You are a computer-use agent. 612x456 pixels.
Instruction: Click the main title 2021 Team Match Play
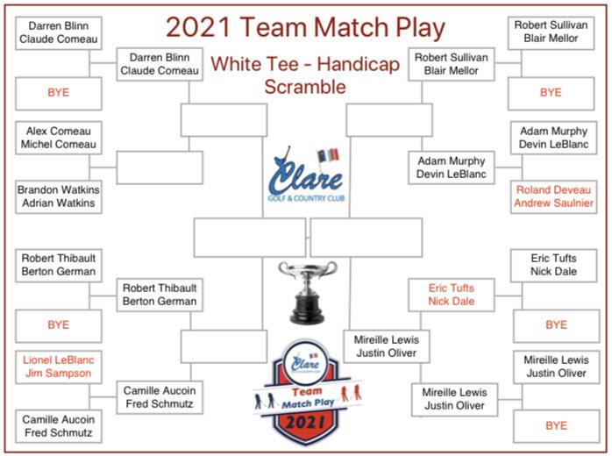(x=306, y=28)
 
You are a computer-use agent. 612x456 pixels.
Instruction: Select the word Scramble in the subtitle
(x=306, y=87)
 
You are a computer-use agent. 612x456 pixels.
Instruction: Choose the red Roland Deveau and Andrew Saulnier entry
(x=555, y=196)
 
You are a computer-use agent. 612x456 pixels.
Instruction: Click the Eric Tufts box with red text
(x=452, y=294)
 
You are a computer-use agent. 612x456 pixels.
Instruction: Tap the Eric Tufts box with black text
(x=553, y=265)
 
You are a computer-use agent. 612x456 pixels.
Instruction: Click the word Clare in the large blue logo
(x=306, y=182)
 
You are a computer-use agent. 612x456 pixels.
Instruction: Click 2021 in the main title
(x=196, y=28)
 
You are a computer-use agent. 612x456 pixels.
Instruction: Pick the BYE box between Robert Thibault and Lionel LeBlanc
(x=58, y=325)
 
